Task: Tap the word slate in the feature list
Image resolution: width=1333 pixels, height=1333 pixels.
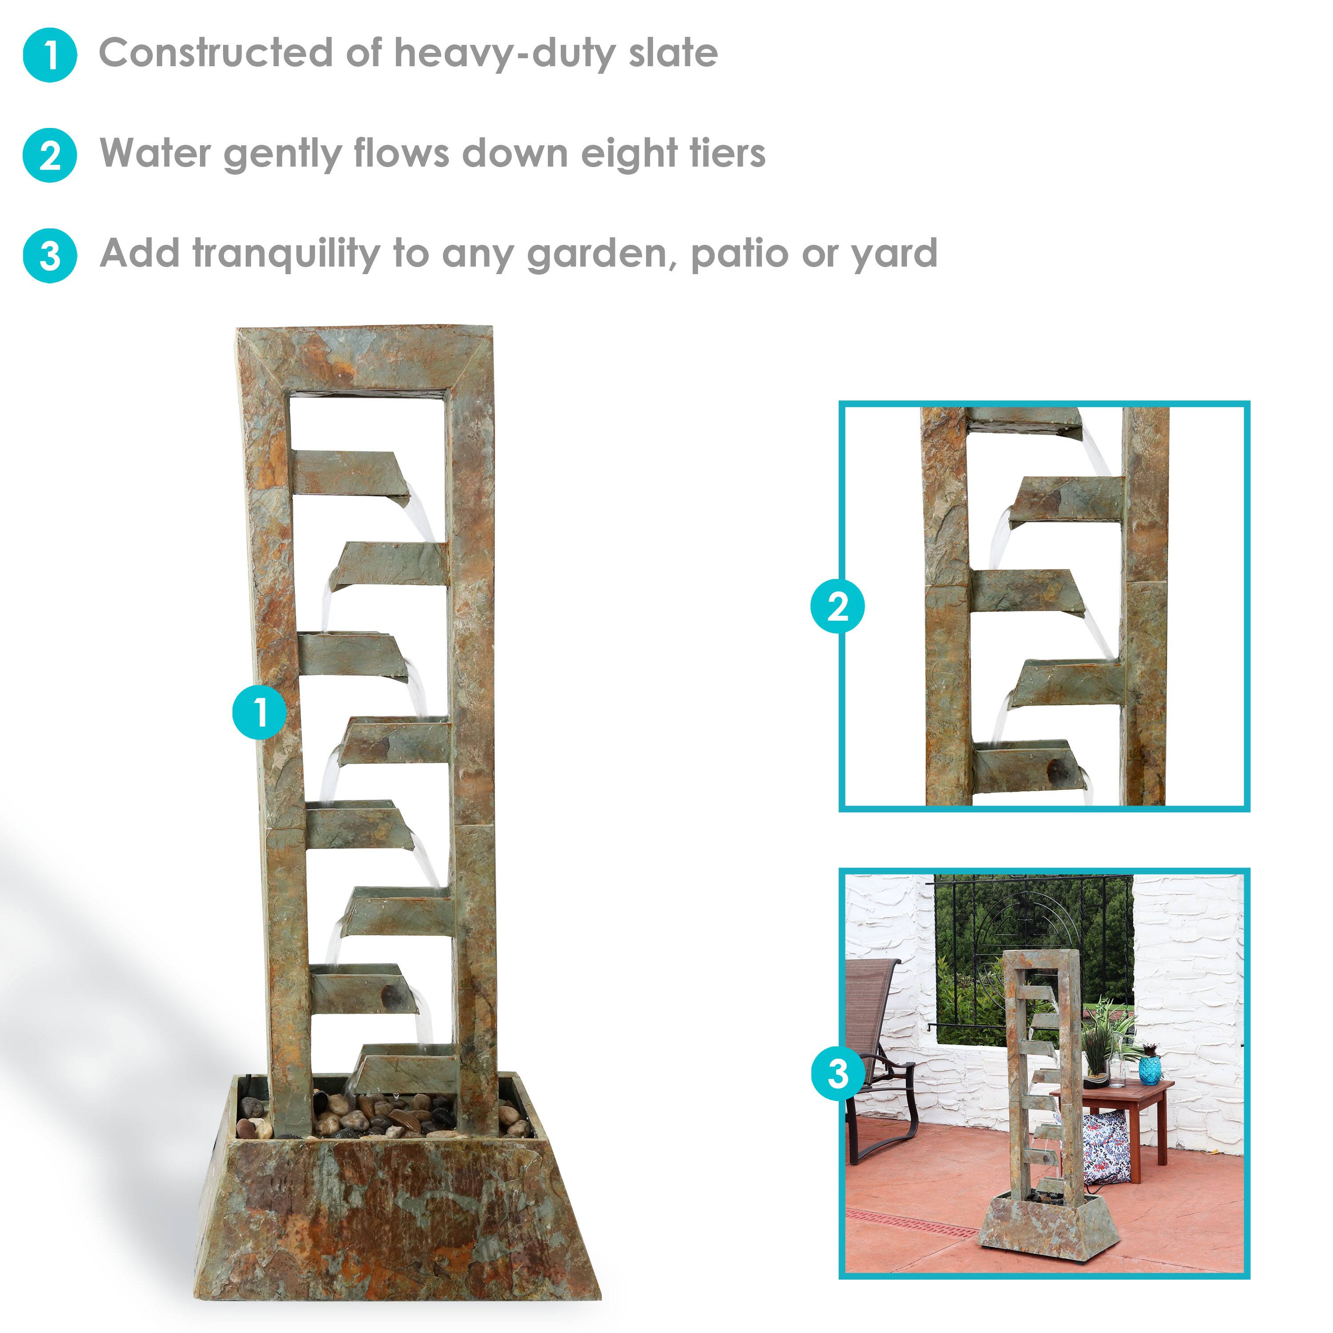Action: (x=673, y=53)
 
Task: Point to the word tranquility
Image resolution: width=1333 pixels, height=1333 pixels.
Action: (x=286, y=254)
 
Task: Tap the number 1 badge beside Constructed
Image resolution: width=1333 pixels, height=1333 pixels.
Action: (x=50, y=55)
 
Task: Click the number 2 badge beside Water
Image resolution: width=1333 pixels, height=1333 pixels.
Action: (x=50, y=155)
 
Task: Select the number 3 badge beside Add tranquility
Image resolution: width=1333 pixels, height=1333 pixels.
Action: (x=50, y=256)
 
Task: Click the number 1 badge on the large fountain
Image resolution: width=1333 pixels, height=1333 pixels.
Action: (x=259, y=711)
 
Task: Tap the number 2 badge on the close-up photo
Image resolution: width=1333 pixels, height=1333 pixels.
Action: (x=838, y=607)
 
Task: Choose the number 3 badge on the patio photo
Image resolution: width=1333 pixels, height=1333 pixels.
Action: (x=838, y=1074)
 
